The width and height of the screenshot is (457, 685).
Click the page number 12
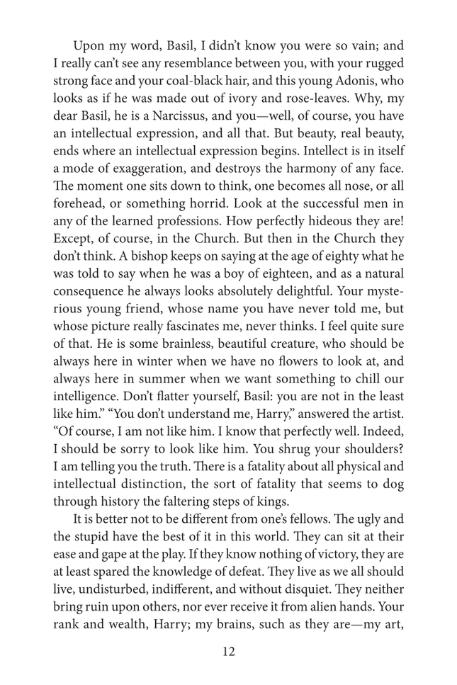point(229,652)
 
